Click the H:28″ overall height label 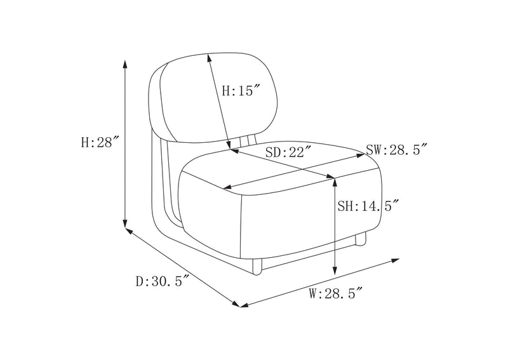[x=100, y=142]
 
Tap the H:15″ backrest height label [x=241, y=90]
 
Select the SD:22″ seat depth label [x=289, y=152]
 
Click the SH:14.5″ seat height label [x=368, y=206]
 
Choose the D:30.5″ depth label [x=163, y=281]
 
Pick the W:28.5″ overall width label [x=335, y=293]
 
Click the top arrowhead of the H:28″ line [x=124, y=64]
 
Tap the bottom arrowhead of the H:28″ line [x=124, y=223]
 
